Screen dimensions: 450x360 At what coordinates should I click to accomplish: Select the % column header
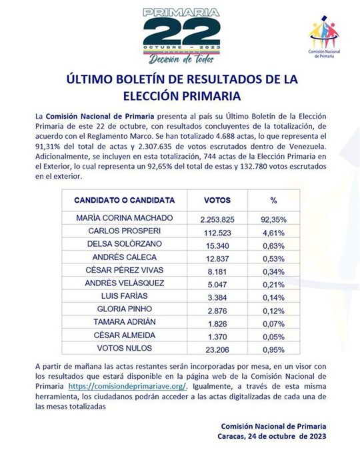coord(273,200)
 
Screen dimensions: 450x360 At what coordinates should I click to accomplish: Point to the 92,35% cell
coord(273,219)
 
